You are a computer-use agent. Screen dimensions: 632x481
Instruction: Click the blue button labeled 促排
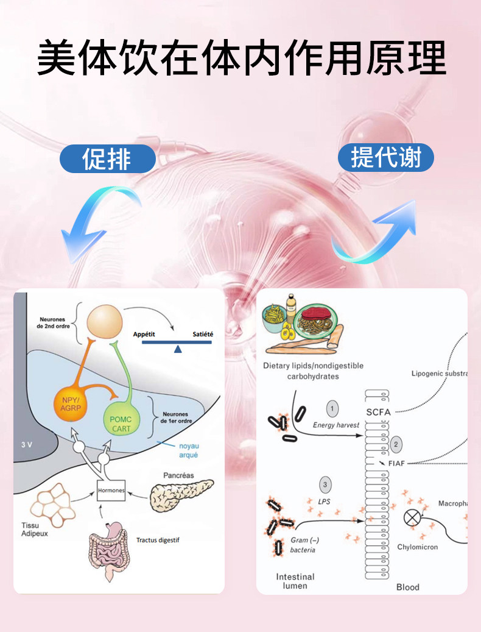107,159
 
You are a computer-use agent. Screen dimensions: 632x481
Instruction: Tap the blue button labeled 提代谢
385,157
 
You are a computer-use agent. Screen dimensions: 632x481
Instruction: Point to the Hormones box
111,489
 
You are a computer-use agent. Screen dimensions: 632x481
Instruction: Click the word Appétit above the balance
145,334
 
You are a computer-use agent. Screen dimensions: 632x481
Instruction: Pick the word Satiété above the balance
203,334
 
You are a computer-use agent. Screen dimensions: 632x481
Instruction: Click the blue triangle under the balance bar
177,349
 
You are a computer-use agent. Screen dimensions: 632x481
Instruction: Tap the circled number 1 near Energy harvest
332,408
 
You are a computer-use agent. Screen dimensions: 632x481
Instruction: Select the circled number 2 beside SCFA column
396,444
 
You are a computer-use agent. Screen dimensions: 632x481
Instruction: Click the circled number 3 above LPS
326,485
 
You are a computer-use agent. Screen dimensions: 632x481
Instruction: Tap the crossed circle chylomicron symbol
413,518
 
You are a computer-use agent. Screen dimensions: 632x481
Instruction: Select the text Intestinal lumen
295,581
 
